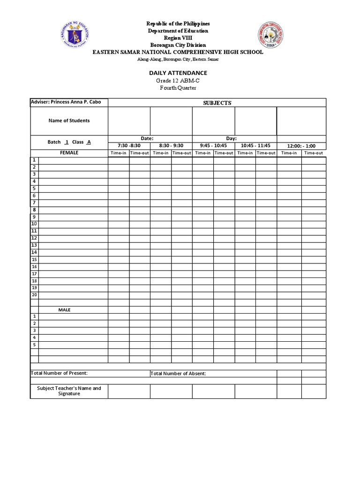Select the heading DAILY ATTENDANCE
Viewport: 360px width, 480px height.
[x=178, y=73]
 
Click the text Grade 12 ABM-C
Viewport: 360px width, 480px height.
[x=178, y=81]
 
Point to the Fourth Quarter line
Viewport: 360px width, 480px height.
[x=178, y=88]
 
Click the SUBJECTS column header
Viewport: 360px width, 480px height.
[x=217, y=103]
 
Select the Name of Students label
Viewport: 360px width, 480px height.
[x=69, y=120]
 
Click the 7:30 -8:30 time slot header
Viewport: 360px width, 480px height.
[x=129, y=145]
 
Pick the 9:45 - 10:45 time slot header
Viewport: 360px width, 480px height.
[x=213, y=145]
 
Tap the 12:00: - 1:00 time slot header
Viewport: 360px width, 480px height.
[x=301, y=146]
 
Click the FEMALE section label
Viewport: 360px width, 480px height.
[x=69, y=153]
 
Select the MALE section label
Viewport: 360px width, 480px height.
[x=64, y=310]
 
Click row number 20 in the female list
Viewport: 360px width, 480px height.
[x=34, y=295]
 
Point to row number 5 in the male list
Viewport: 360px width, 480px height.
[x=34, y=345]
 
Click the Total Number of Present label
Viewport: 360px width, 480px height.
[x=60, y=373]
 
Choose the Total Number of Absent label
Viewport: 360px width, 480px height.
[x=178, y=374]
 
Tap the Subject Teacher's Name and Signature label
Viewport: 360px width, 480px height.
[x=69, y=391]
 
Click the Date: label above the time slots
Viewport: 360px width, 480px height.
[x=148, y=139]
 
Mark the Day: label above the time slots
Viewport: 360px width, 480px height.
[x=232, y=139]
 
